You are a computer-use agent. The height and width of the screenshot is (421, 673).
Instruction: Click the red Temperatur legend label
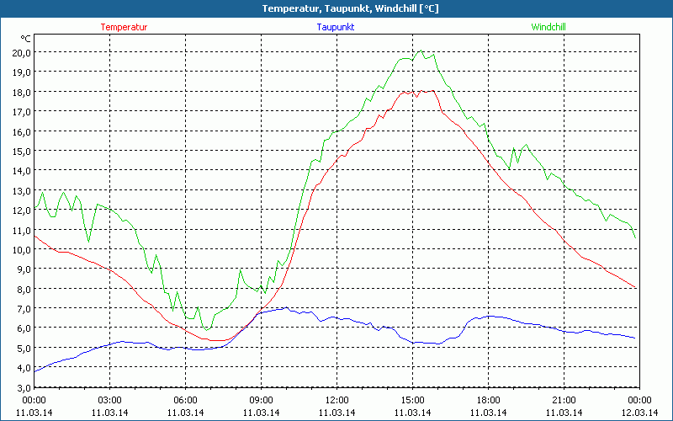coord(124,27)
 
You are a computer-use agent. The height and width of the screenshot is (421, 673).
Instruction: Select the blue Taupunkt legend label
coord(335,27)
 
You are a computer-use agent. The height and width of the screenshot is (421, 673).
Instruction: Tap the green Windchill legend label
coord(548,27)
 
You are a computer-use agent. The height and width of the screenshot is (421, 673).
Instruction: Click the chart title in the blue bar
coord(337,8)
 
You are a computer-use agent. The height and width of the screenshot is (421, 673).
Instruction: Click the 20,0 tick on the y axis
coord(21,52)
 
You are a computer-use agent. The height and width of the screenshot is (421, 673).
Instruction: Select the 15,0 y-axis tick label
coord(21,151)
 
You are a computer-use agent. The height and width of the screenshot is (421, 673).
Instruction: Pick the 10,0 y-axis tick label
coord(21,249)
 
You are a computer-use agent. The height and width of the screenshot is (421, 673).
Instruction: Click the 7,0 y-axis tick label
coord(22,308)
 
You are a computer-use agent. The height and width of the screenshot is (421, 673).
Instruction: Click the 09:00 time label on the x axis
coord(261,400)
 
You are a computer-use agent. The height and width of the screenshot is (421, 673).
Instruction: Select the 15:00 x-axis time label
coord(412,400)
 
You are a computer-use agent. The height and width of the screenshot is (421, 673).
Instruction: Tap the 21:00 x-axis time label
coord(564,400)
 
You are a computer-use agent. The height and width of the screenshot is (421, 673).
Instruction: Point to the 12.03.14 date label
coord(639,412)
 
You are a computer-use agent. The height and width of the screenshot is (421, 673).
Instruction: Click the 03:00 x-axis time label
coord(110,400)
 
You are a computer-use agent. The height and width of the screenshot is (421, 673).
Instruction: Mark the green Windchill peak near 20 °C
coord(421,51)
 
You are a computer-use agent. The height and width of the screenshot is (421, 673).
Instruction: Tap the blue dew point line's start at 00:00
coord(34,371)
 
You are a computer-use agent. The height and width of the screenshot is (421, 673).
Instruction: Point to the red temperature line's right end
coord(637,288)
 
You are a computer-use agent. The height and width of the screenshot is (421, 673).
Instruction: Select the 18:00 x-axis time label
coord(488,400)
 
